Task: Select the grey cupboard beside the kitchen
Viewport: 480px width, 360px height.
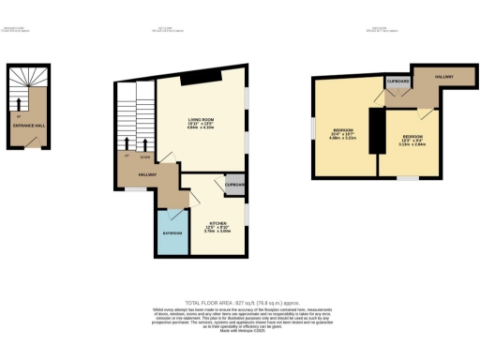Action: [236, 185]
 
